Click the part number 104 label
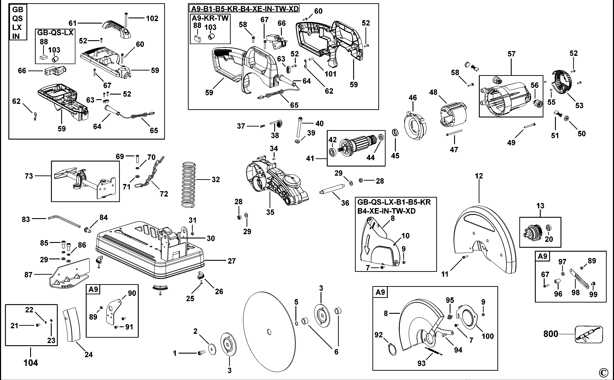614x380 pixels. [x=31, y=363]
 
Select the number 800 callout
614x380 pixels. [x=551, y=334]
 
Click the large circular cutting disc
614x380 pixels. [x=269, y=332]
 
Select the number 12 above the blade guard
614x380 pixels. [x=479, y=176]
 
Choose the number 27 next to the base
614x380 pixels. [x=231, y=261]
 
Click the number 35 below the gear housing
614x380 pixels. [x=270, y=212]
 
